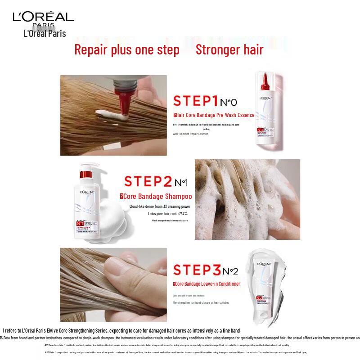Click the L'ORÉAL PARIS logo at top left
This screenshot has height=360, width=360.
pos(43,18)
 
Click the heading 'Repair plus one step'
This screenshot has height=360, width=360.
pos(126,49)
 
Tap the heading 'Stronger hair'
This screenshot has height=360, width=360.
pos(229,49)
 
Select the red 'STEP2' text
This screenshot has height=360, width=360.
pos(148,182)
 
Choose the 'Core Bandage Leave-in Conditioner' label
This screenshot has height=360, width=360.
pos(207,284)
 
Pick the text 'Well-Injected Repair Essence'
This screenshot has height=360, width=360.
pos(190,134)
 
